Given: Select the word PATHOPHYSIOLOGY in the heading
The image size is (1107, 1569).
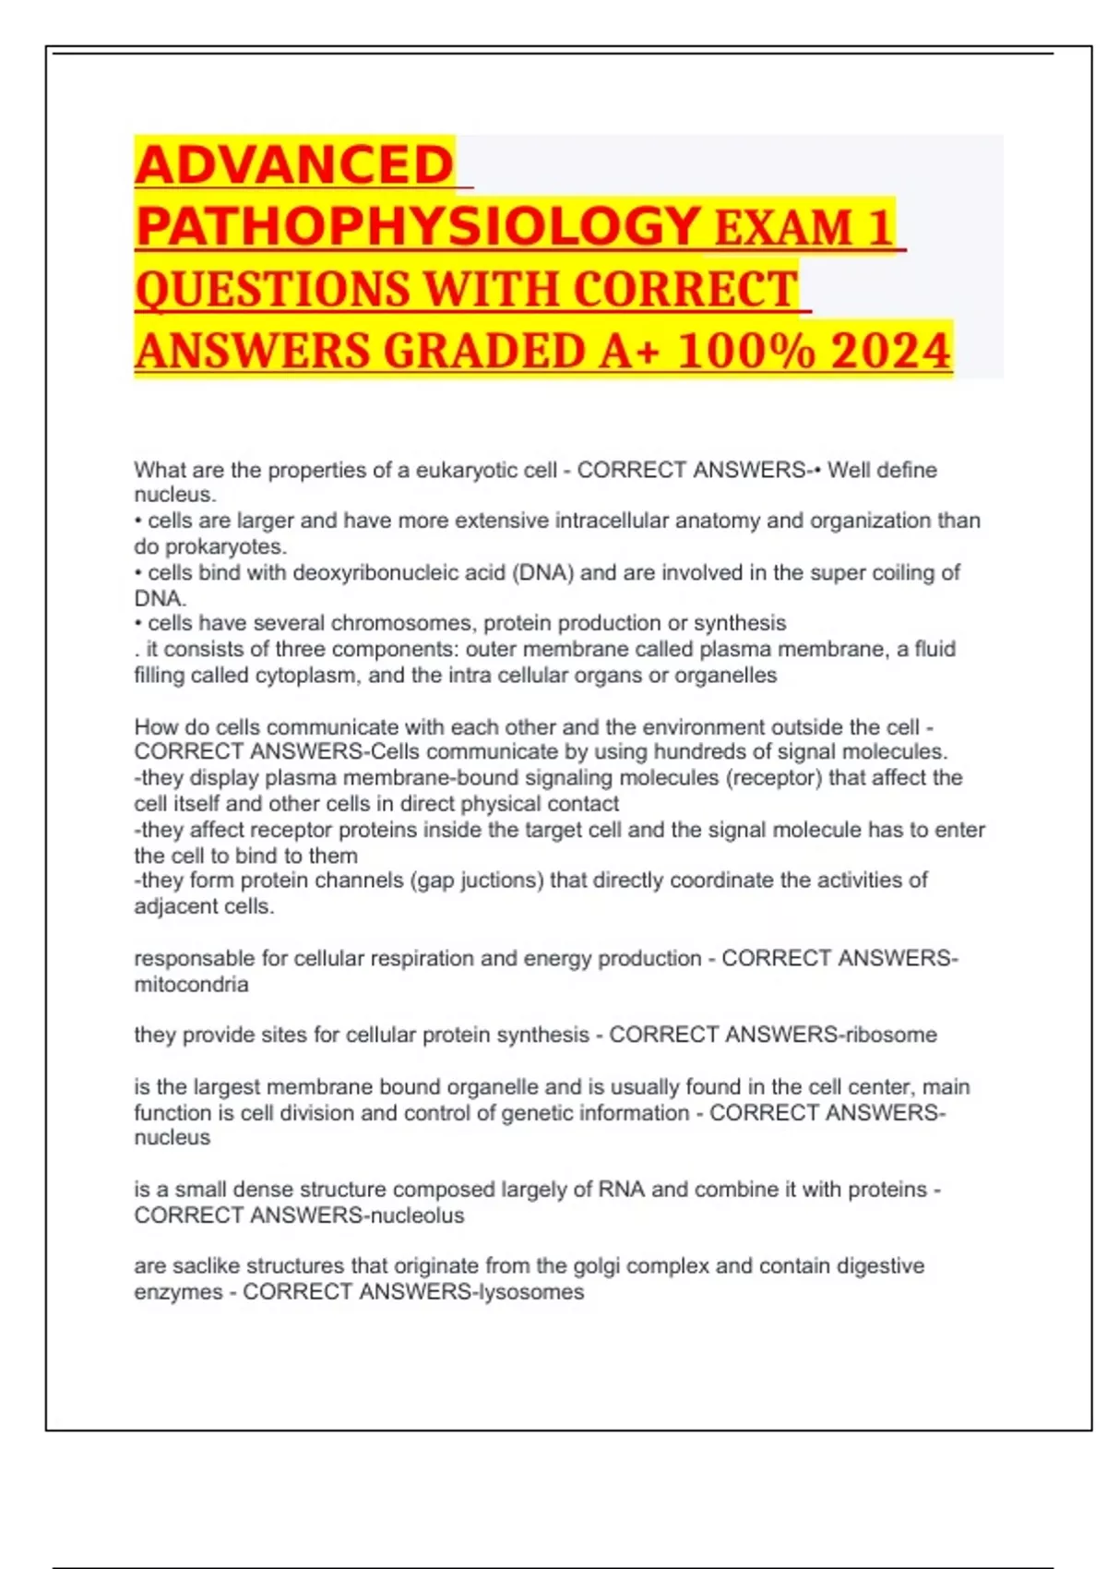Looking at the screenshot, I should point(418,226).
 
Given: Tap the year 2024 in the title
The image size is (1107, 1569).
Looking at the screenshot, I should point(890,351).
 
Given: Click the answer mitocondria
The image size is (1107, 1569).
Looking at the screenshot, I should point(191,984).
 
